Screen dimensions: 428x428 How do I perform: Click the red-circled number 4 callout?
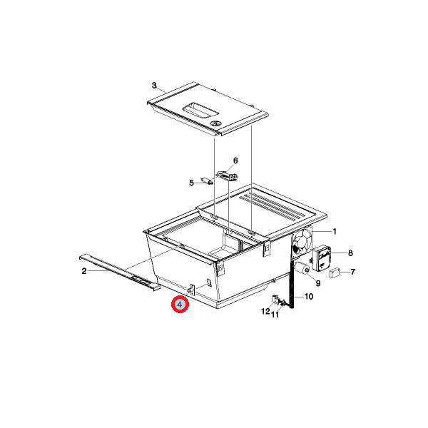(180, 304)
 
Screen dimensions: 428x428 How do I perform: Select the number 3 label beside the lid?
(155, 86)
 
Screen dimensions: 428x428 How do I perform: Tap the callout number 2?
(84, 271)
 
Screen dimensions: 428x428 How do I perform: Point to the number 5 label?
(191, 183)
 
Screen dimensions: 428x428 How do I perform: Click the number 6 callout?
(235, 160)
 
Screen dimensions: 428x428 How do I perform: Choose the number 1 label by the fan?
(335, 231)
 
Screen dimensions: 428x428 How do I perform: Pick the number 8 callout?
(350, 253)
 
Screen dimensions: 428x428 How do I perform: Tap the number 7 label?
(352, 272)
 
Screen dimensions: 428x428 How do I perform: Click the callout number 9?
(318, 284)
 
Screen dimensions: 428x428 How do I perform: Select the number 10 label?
(309, 296)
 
